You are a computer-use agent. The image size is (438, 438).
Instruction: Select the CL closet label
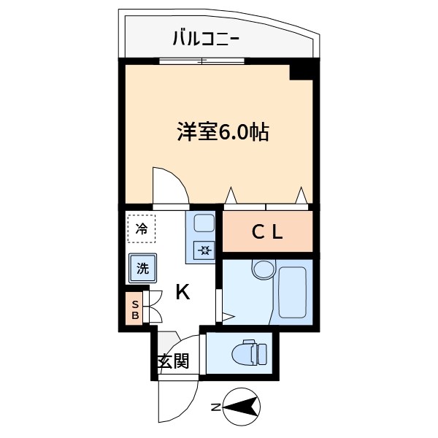click(x=266, y=232)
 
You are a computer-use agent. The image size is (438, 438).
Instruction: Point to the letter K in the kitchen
click(x=182, y=292)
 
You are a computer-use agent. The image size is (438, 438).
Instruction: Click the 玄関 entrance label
click(x=173, y=361)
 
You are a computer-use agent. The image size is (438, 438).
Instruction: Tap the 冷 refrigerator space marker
click(x=142, y=228)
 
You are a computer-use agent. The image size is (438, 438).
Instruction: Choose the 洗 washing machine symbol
click(x=142, y=268)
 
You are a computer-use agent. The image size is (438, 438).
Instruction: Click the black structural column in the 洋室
click(x=301, y=72)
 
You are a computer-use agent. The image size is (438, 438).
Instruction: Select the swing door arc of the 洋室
click(x=169, y=184)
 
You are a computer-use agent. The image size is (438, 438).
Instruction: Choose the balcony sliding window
click(x=193, y=61)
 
